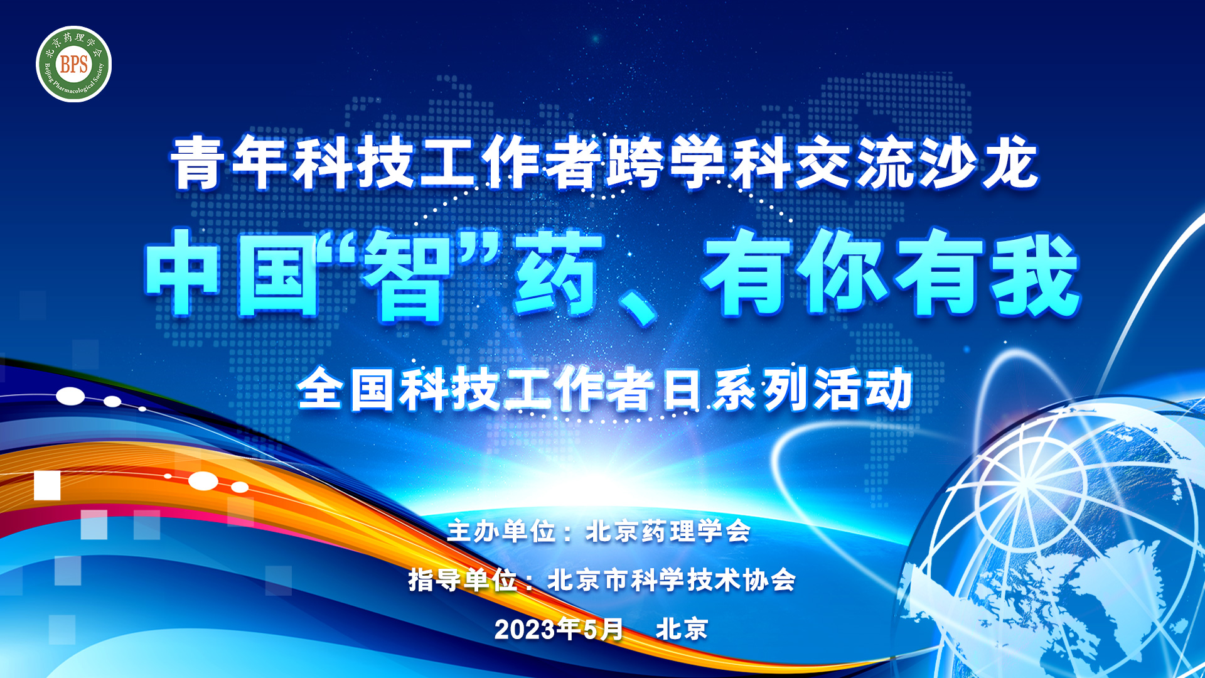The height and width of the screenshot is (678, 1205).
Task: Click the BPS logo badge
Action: point(74,64)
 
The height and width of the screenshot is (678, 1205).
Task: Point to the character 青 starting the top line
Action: point(198,163)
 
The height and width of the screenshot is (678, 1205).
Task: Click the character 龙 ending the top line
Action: point(1010,163)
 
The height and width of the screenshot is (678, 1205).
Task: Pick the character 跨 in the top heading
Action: point(635,163)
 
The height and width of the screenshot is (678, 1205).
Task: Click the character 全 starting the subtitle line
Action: point(320,389)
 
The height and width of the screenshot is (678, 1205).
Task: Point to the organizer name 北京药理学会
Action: point(668,532)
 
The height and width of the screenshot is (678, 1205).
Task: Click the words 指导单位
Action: point(463,580)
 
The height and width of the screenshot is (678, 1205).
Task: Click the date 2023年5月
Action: point(559,629)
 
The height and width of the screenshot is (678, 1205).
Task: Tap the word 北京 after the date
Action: point(682,629)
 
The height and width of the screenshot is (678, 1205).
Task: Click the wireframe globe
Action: point(1067,540)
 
